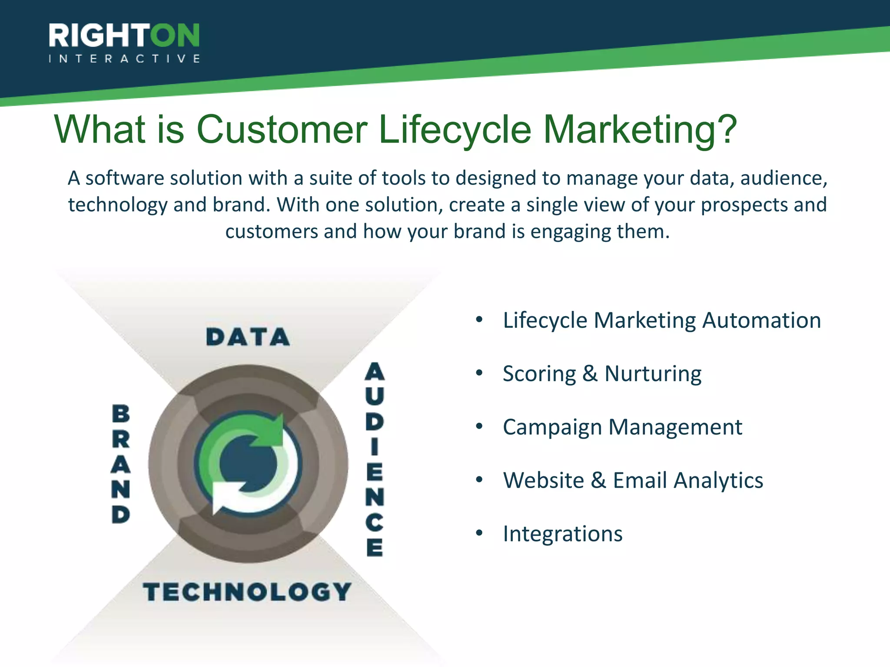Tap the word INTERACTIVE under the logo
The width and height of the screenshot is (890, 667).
point(124,59)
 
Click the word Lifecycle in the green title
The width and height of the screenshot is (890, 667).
point(455,129)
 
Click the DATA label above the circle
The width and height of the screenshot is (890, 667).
point(248,337)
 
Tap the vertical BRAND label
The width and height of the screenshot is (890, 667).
point(121,464)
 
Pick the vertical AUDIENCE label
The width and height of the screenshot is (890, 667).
point(374,459)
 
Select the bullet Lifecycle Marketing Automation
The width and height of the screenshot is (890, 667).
point(661,320)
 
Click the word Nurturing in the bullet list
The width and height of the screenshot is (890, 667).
point(653,374)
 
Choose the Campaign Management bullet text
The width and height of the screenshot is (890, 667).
point(622,427)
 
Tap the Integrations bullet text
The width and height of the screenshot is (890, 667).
point(562,534)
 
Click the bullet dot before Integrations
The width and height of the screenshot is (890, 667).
point(479,533)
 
